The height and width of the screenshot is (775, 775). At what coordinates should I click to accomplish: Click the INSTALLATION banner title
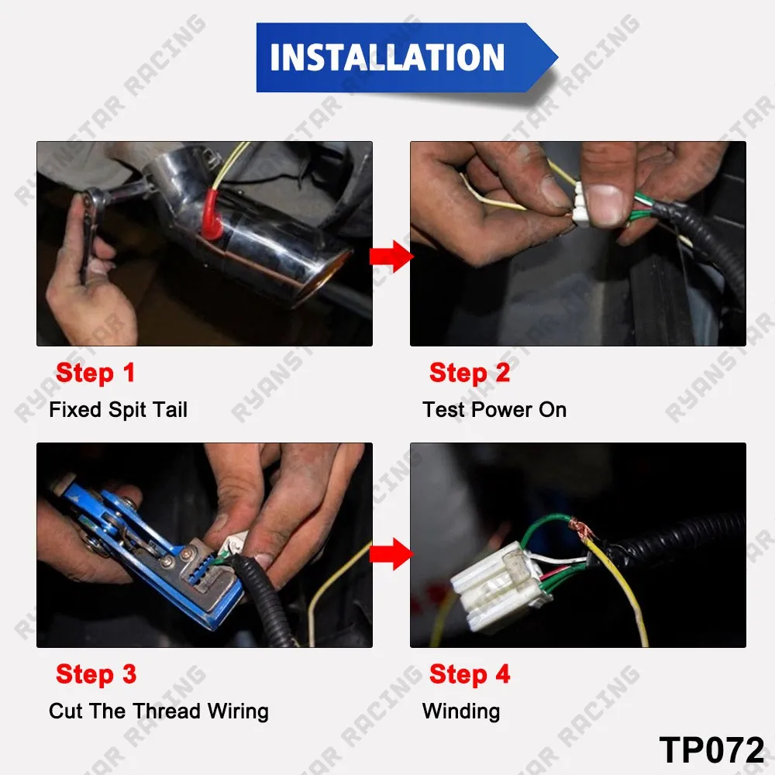pyautogui.click(x=387, y=57)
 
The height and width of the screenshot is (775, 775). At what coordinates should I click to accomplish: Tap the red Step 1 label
pyautogui.click(x=95, y=373)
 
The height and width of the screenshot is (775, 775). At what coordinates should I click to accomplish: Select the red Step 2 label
pyautogui.click(x=470, y=373)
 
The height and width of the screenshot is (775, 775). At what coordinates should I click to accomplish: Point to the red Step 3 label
pyautogui.click(x=96, y=674)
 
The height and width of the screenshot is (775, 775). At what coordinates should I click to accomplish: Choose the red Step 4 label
pyautogui.click(x=470, y=674)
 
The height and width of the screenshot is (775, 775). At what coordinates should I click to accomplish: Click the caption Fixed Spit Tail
pyautogui.click(x=118, y=410)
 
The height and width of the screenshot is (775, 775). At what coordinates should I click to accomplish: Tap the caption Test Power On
pyautogui.click(x=494, y=410)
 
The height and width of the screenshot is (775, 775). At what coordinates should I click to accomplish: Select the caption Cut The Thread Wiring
pyautogui.click(x=159, y=711)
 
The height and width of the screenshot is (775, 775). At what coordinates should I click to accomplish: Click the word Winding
pyautogui.click(x=461, y=711)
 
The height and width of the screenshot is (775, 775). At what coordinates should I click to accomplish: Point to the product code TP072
pyautogui.click(x=711, y=749)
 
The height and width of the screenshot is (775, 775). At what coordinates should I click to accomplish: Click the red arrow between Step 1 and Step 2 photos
pyautogui.click(x=391, y=256)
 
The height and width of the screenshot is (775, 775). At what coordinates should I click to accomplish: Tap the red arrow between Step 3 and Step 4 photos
pyautogui.click(x=391, y=553)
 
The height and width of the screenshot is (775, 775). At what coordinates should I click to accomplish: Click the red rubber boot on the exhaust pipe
pyautogui.click(x=212, y=215)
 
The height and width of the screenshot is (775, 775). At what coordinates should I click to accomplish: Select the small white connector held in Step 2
pyautogui.click(x=580, y=204)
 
